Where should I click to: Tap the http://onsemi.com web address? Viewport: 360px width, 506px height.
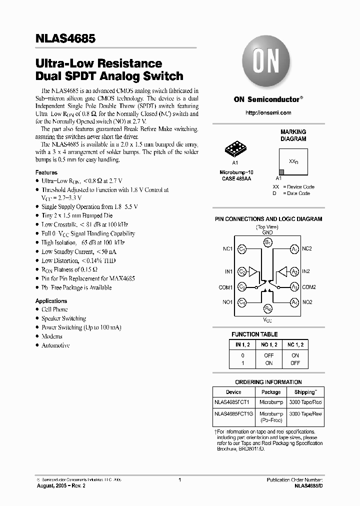coord(268,113)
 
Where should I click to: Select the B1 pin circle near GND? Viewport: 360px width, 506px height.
coord(268,242)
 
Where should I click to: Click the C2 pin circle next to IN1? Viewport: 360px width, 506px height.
coord(242,271)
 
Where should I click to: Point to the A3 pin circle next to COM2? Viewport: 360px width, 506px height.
coord(294,287)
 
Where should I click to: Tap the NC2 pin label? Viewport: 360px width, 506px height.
coord(307,248)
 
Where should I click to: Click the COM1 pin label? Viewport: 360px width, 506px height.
coord(225,287)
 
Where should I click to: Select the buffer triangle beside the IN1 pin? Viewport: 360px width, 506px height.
coord(253,271)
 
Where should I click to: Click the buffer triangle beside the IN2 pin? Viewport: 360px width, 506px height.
coord(282,271)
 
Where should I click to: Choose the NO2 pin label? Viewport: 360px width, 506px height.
coord(307,302)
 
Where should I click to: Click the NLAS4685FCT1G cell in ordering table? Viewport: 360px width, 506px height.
coord(234,414)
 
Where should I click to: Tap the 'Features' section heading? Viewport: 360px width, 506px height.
coord(46,172)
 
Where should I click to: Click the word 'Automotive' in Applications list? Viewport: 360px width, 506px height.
coord(55,345)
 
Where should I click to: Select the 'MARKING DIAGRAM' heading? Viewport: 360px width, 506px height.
coord(293,135)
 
